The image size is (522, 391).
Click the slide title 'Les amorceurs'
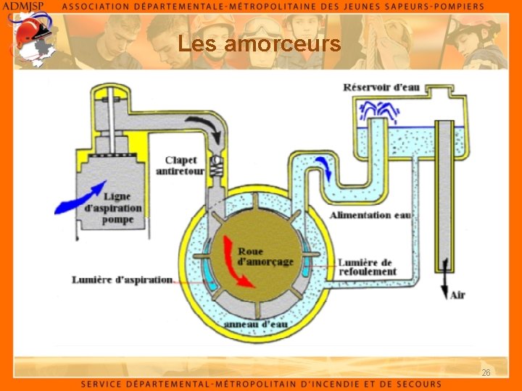pos(259,45)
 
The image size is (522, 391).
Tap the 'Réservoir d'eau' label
pos(381,88)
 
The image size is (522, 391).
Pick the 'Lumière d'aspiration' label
pos(122,279)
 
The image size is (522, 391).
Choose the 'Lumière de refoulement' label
pos(367,266)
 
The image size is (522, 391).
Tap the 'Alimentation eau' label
pos(370,215)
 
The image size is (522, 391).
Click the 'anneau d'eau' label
pos(256,324)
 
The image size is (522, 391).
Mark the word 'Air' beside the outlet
pos(457,295)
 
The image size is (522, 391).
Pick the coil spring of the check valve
pos(216,167)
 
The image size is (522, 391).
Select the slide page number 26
pos(486,372)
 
